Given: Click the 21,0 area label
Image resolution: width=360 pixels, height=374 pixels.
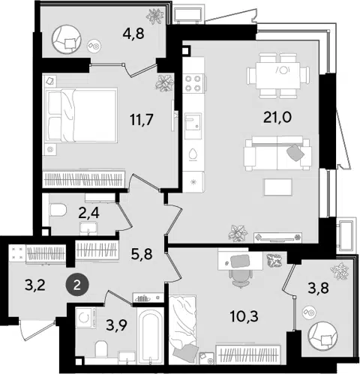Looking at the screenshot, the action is coord(277,118).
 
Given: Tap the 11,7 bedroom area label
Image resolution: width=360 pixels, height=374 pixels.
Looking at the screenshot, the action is coord(142,119).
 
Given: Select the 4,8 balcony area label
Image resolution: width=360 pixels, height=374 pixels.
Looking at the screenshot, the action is coord(133,33).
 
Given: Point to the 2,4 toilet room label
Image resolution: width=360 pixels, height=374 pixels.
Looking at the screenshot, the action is coord(88,213).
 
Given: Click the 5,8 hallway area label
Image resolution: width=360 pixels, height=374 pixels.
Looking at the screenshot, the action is coord(141,255).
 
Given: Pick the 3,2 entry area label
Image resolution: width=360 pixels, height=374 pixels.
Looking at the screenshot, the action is coord(35,285).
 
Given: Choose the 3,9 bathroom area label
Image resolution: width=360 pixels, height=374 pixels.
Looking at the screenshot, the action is coord(116,325).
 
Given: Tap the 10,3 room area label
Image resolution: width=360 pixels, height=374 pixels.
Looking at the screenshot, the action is coord(244,316).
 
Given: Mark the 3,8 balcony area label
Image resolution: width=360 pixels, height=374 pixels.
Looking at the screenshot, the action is coord(318,288).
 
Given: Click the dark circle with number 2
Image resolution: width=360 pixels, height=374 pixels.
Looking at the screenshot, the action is coord(77,285).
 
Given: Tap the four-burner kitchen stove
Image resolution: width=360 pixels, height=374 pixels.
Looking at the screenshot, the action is coord(193,83).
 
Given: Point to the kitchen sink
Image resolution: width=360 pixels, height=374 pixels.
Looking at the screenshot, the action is coord(193,126).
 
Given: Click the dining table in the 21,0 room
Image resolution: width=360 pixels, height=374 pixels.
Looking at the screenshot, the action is coord(277,75).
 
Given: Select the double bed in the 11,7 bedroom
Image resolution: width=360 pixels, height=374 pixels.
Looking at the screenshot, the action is coord(81,115).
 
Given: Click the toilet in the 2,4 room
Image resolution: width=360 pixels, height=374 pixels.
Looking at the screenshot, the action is coord(58,209).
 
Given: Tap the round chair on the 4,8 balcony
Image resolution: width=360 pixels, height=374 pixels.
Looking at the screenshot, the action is coord(67,39).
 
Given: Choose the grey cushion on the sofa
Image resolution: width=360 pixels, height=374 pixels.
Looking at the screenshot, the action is coord(295,152).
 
